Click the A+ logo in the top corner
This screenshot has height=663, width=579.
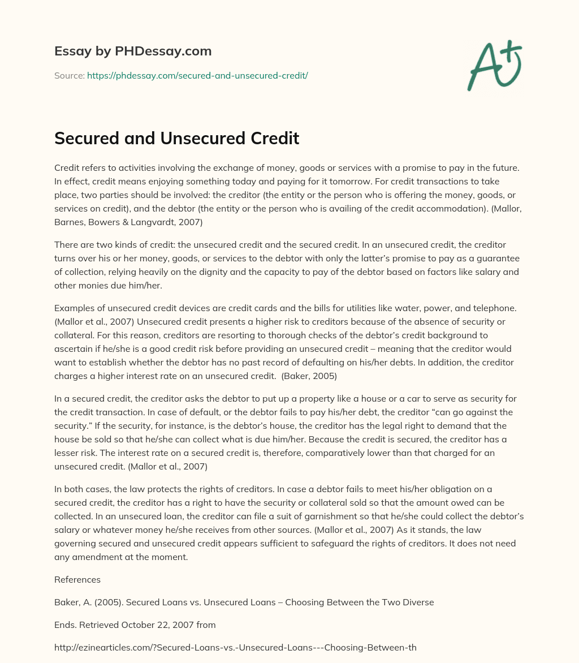[494, 66]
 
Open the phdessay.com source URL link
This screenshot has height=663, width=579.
[197, 75]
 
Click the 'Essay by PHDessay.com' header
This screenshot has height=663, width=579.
[133, 51]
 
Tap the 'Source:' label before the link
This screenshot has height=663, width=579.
[70, 75]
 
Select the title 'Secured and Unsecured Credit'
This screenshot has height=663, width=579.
[176, 138]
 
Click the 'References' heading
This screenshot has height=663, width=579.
[77, 579]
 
